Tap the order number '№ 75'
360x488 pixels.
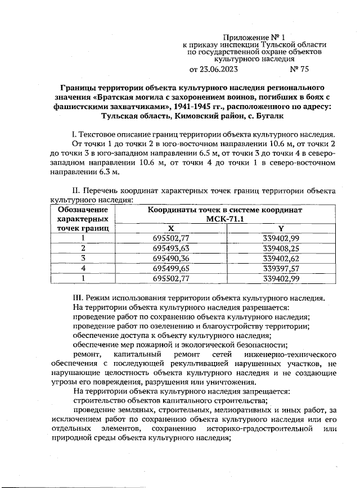[x=299, y=69]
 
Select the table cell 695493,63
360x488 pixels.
[x=170, y=248]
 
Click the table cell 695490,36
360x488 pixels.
[x=170, y=258]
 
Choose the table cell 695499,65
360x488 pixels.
[x=170, y=268]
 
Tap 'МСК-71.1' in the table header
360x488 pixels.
[x=225, y=219]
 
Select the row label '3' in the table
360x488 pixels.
[x=83, y=258]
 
